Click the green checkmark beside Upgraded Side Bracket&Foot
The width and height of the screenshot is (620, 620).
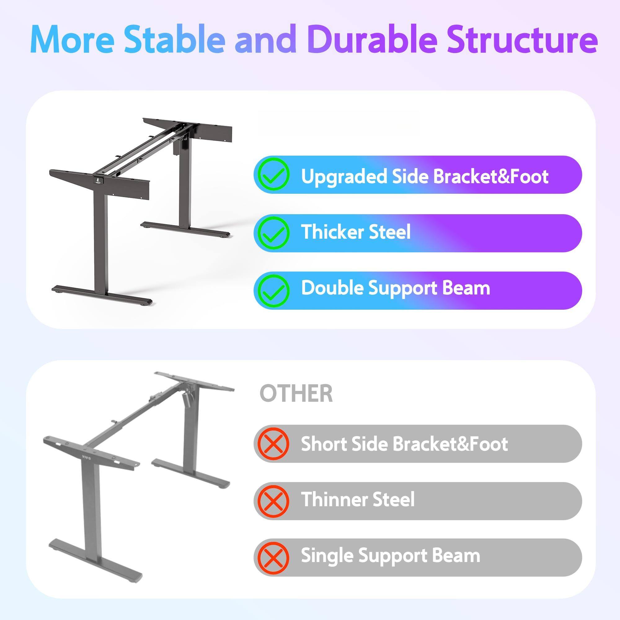pos(274,175)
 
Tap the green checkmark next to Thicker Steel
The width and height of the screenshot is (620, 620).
pos(274,233)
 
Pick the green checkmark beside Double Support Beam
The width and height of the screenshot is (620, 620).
pos(274,290)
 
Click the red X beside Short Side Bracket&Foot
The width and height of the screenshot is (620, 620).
pos(274,444)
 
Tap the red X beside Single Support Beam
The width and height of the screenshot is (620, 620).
pos(274,557)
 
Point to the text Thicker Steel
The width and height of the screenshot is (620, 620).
pos(356,232)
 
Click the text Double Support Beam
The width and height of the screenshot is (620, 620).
pos(395,289)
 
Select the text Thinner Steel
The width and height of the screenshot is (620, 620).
pos(357,500)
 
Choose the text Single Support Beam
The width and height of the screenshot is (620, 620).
pos(390,556)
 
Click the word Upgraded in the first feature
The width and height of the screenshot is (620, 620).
pos(344,177)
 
